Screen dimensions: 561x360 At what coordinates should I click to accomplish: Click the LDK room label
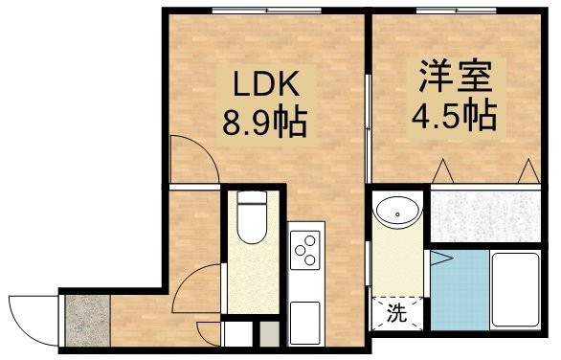tap(266, 83)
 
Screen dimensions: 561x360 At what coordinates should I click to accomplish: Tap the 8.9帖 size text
tap(265, 122)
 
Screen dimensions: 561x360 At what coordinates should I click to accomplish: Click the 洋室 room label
tap(455, 76)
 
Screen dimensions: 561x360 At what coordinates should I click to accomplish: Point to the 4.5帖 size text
tap(455, 115)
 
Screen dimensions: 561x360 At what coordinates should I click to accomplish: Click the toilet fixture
tap(252, 216)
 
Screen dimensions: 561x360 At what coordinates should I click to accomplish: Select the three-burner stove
tap(304, 250)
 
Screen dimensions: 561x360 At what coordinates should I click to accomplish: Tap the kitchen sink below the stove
tap(304, 323)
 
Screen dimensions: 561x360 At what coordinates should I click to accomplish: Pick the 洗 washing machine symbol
tap(397, 313)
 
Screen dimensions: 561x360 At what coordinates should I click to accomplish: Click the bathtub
tap(516, 289)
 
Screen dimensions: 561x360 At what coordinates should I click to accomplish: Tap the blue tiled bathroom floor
tap(460, 290)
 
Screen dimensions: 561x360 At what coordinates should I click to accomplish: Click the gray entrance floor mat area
tap(88, 321)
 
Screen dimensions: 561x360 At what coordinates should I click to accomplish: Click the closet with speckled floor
tap(485, 216)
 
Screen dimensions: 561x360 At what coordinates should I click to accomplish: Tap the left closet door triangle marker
tap(443, 171)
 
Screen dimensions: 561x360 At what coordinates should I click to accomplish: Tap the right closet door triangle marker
tap(528, 171)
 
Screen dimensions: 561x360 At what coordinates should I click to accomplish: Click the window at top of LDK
tap(266, 11)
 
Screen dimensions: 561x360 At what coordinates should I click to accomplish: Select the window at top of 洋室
tap(456, 11)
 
